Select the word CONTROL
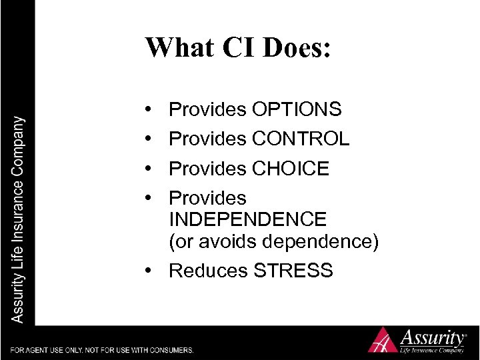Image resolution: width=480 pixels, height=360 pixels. click(x=301, y=139)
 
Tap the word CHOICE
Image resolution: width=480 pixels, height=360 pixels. click(x=291, y=169)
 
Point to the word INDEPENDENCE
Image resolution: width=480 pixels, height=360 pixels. click(x=248, y=219)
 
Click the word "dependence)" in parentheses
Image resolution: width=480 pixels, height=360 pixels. click(x=325, y=241)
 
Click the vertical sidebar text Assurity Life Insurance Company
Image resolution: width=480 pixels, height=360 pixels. click(x=17, y=220)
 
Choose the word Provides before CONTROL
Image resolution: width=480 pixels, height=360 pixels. click(x=207, y=139)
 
